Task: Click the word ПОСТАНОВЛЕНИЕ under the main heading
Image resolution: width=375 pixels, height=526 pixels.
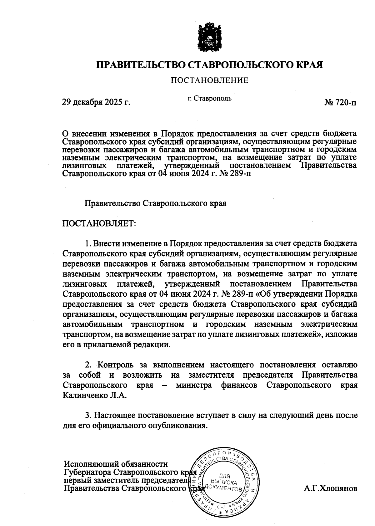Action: point(209,80)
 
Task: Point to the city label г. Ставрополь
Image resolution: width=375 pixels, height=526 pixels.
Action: point(210,99)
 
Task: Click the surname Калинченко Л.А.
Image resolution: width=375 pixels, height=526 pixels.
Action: point(94,395)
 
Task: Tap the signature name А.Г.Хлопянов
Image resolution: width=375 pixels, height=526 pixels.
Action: point(330,488)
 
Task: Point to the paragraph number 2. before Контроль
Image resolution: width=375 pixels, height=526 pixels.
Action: point(88,365)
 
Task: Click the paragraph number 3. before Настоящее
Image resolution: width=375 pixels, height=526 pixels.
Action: point(88,416)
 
